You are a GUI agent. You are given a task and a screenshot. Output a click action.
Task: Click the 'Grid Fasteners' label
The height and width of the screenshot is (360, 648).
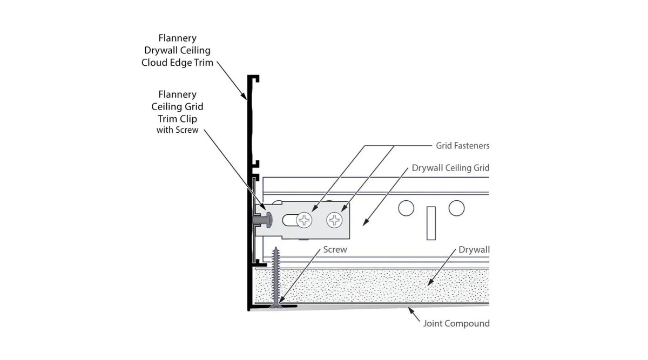(x=463, y=146)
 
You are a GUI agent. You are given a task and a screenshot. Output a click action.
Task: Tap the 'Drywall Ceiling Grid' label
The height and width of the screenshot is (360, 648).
(x=450, y=168)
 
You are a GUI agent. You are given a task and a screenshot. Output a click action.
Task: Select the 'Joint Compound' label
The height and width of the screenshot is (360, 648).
(x=456, y=323)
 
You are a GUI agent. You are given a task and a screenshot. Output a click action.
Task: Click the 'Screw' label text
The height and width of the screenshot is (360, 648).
(x=335, y=249)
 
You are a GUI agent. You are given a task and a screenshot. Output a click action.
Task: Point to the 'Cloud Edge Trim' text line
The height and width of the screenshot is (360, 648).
(x=177, y=63)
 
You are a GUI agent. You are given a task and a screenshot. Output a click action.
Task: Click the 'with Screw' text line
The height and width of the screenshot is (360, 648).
(x=177, y=130)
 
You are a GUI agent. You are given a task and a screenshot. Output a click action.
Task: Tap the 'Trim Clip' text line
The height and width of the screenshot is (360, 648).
(x=177, y=119)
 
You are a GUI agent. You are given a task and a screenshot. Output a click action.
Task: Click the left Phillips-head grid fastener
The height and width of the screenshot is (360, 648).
(x=304, y=220)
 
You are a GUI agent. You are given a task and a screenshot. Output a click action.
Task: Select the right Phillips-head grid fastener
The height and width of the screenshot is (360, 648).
(x=335, y=220)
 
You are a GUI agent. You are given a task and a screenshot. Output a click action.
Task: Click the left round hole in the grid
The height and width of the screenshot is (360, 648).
(x=406, y=208)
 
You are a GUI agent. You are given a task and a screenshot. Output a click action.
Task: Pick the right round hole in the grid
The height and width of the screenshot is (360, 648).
(x=456, y=208)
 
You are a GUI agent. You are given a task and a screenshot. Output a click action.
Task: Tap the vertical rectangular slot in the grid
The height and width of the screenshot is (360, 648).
(x=431, y=223)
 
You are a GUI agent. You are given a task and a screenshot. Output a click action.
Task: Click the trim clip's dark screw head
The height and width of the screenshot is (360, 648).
(x=269, y=220)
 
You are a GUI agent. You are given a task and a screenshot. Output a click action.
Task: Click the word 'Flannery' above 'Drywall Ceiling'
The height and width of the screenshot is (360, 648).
(x=177, y=38)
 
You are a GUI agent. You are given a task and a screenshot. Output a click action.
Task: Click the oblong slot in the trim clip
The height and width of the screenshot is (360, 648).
(x=290, y=220)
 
